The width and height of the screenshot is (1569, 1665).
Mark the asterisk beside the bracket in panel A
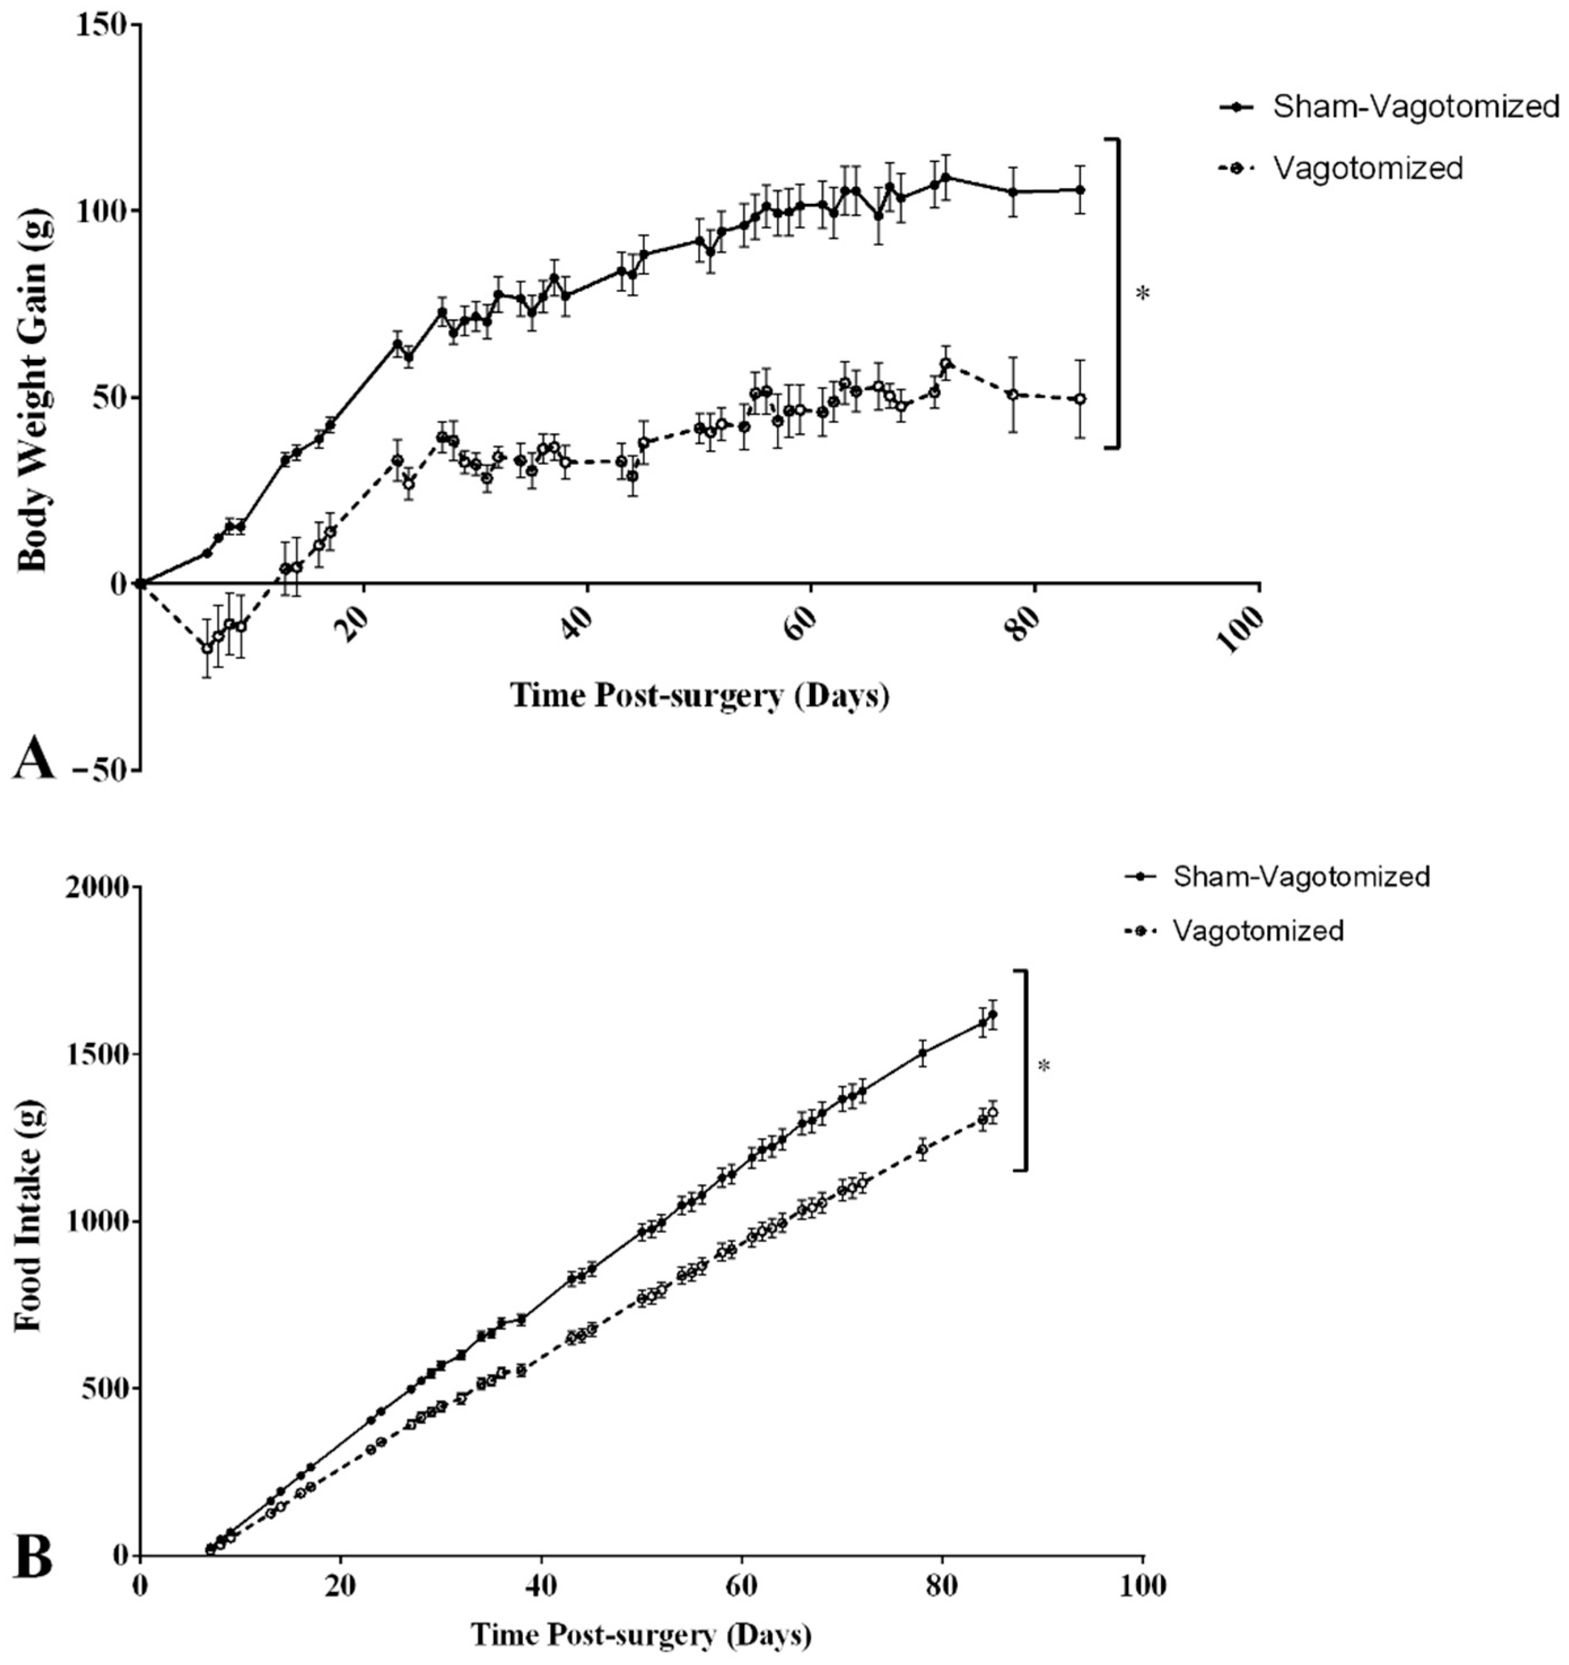(1142, 294)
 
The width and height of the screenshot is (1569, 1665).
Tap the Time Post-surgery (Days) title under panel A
(699, 694)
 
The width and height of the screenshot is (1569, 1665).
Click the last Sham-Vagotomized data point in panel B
(992, 1014)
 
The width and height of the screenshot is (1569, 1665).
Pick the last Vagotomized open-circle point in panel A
(1080, 399)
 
